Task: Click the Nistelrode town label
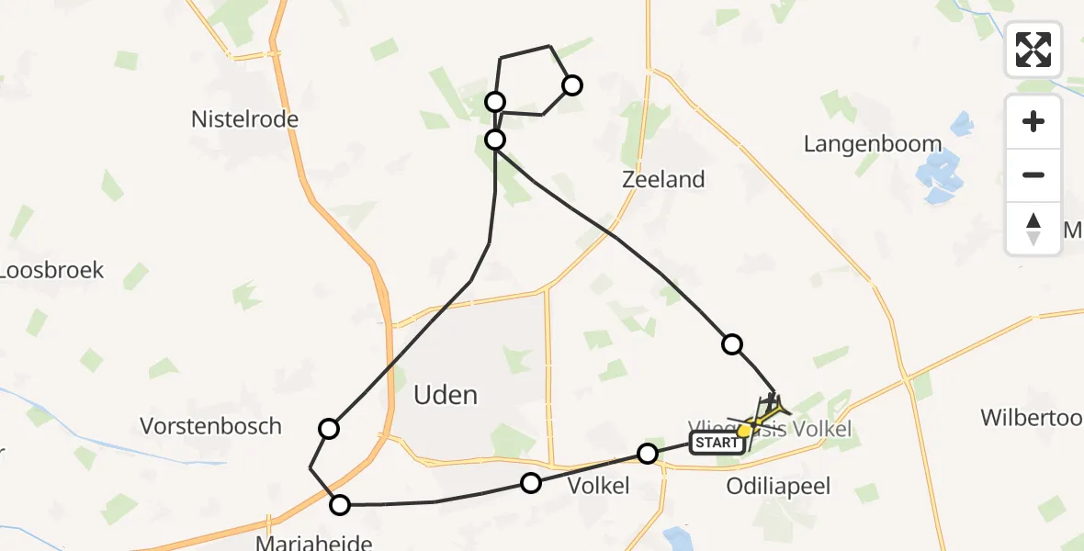[x=244, y=119]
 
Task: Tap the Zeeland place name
[x=663, y=180]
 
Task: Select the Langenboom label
[x=872, y=144]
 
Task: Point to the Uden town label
[x=446, y=396]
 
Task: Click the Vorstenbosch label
[x=210, y=426]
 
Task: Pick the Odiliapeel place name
[x=777, y=486]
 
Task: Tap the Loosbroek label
[x=51, y=271]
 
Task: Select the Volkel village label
[x=599, y=486]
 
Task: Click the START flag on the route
[x=716, y=444]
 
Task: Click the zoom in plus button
[x=1033, y=121]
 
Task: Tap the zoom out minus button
[x=1033, y=174]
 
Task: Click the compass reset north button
[x=1033, y=229]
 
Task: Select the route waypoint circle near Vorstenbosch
[x=329, y=428]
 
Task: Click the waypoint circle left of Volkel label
[x=531, y=482]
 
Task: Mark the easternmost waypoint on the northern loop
[x=572, y=85]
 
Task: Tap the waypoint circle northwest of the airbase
[x=732, y=344]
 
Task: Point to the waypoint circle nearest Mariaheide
[x=340, y=504]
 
